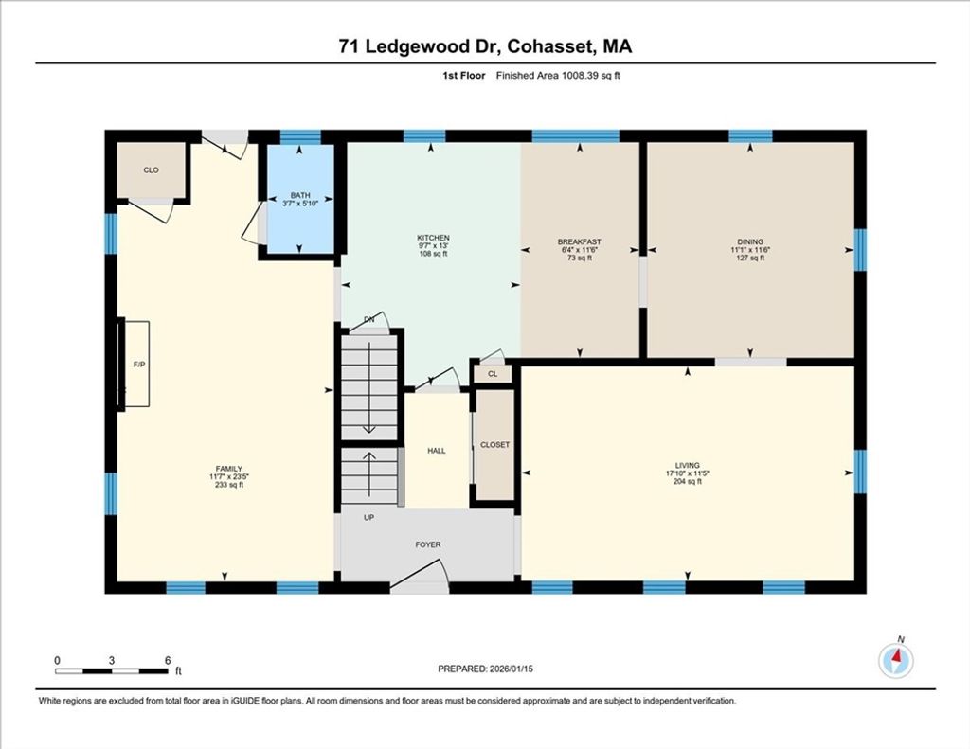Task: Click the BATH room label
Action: click(300, 195)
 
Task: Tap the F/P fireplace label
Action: click(139, 365)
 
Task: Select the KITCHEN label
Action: click(433, 238)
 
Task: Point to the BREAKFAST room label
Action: click(579, 241)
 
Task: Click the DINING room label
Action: click(750, 241)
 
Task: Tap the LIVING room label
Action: click(688, 465)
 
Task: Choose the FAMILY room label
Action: click(229, 469)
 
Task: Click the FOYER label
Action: click(428, 544)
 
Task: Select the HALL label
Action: click(436, 451)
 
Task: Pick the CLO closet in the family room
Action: click(151, 170)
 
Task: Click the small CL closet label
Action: click(493, 374)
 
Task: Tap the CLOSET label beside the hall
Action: click(494, 445)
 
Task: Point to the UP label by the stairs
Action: click(368, 518)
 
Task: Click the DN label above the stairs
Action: click(369, 320)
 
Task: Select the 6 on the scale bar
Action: click(168, 661)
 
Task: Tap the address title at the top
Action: click(485, 46)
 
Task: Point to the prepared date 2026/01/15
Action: click(511, 669)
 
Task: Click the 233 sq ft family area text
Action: click(229, 485)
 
